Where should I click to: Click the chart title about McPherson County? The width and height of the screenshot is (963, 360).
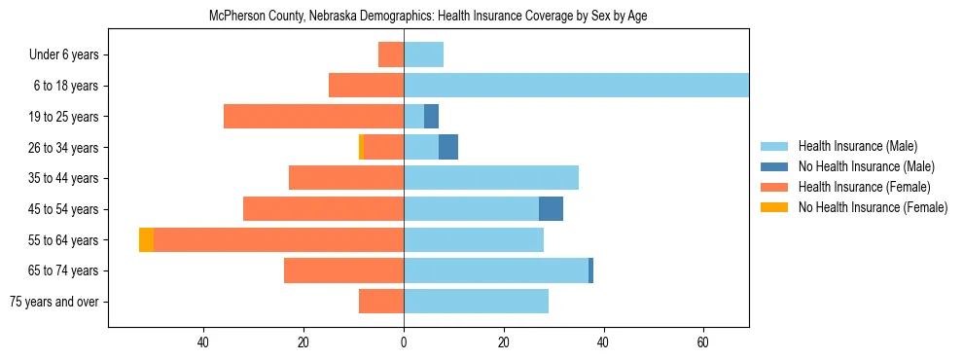(x=428, y=17)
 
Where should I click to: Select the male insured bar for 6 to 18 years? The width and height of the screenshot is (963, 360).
(x=576, y=86)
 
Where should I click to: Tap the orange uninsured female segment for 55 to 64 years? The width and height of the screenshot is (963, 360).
(x=146, y=239)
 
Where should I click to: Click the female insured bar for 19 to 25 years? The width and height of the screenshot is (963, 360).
(x=313, y=117)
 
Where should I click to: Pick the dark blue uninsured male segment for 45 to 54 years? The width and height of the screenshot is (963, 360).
(x=551, y=209)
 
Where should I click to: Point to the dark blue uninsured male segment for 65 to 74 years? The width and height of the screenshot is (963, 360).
(x=590, y=270)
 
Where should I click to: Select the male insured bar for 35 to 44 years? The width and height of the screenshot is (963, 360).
(x=491, y=178)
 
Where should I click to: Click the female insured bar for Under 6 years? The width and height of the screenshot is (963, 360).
(x=391, y=54)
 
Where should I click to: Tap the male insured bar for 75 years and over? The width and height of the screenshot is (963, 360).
(x=476, y=302)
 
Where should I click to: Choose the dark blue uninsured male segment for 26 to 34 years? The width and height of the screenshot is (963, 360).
(x=448, y=147)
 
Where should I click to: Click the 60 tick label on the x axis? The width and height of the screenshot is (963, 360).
(x=703, y=342)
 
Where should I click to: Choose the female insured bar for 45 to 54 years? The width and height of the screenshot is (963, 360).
(x=323, y=209)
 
